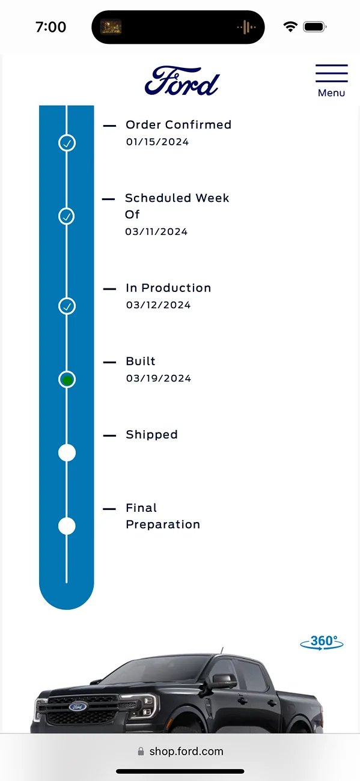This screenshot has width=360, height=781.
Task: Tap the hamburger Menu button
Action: click(x=331, y=81)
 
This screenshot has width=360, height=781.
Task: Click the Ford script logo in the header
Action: click(x=182, y=81)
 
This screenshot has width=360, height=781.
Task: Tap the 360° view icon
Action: click(x=322, y=642)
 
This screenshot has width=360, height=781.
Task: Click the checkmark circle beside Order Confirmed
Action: click(x=67, y=142)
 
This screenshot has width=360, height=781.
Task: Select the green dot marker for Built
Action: click(x=67, y=379)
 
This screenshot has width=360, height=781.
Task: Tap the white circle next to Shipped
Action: click(x=67, y=452)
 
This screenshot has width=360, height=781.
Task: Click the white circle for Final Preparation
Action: click(x=67, y=526)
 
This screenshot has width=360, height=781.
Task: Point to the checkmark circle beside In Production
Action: click(x=67, y=306)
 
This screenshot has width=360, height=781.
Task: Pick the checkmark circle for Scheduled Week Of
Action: click(x=66, y=216)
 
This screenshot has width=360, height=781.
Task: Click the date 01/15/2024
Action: click(x=157, y=142)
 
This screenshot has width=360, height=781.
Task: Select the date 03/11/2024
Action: click(x=156, y=231)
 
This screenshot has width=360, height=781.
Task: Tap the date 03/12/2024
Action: click(x=159, y=305)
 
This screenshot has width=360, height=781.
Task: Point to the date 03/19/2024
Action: click(x=159, y=378)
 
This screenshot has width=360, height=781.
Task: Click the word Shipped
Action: click(x=151, y=434)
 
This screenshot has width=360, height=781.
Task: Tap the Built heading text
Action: click(x=141, y=361)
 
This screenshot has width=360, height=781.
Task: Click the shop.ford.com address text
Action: click(x=186, y=752)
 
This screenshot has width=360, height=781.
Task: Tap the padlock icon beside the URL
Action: click(x=141, y=751)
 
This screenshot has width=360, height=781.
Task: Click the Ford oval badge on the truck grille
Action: click(x=78, y=707)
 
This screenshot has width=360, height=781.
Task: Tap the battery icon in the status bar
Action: click(x=315, y=27)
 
